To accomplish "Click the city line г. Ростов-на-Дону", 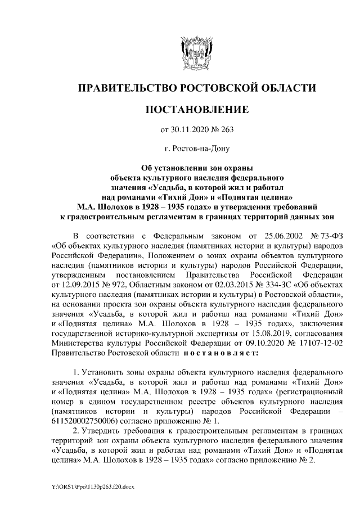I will click(x=196, y=149).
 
